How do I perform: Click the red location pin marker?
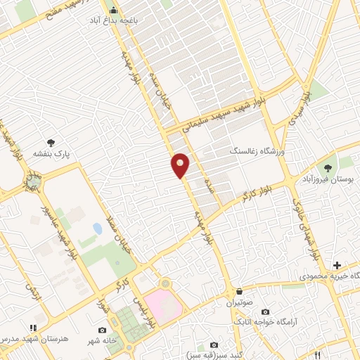coord(181,165)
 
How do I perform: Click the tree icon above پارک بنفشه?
coord(50,141)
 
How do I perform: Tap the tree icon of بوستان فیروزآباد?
coord(328,166)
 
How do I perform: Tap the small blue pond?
coord(97,229)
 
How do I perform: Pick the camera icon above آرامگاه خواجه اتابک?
coord(264,311)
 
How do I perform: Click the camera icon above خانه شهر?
coord(103,330)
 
